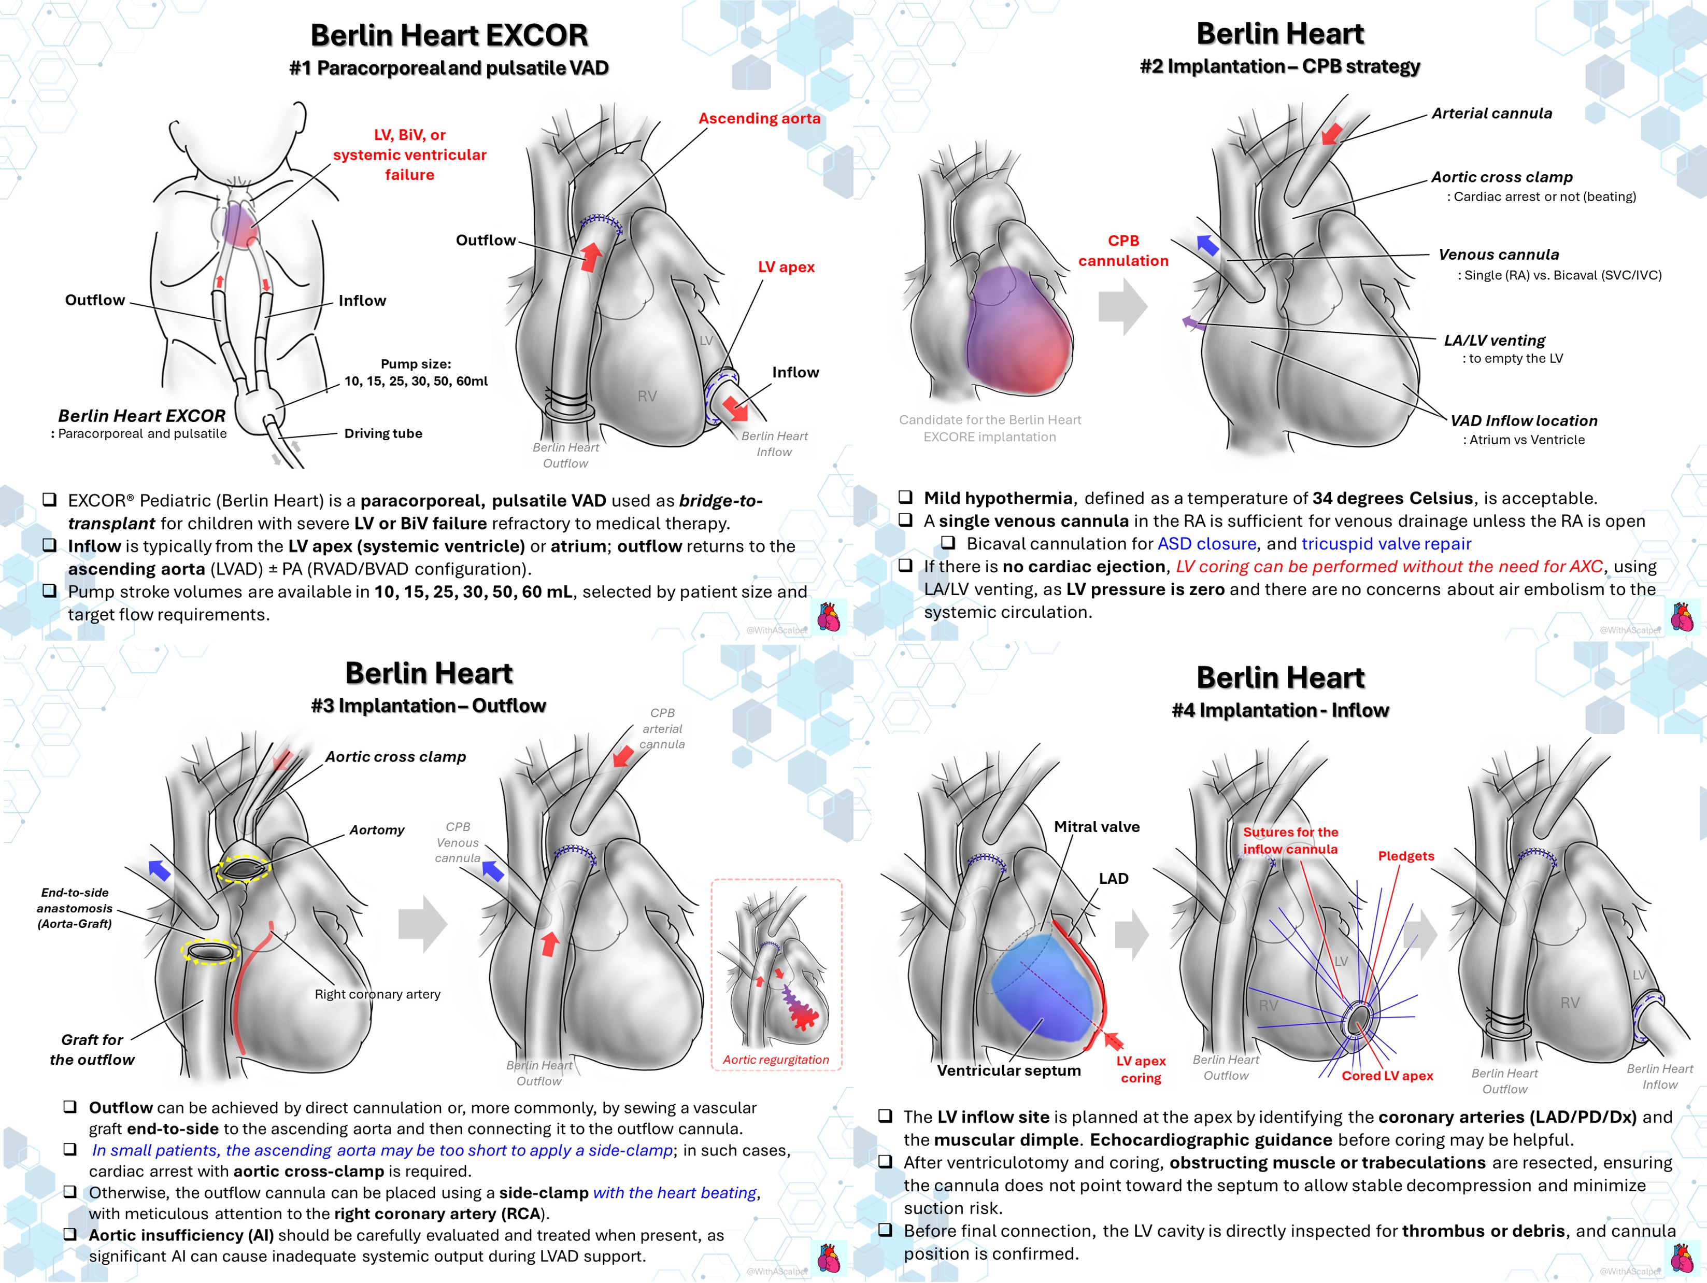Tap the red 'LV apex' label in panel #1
(786, 267)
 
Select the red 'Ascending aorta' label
(759, 118)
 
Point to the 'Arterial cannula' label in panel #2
(1492, 114)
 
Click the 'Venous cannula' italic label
(1499, 255)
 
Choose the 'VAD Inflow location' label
(1524, 421)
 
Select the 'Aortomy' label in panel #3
(377, 830)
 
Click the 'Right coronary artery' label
(377, 994)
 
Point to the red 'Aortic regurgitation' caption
(776, 1060)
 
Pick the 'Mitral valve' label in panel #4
(1097, 827)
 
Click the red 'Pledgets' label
(1406, 856)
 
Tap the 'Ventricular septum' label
(1008, 1070)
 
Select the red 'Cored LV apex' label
(1387, 1076)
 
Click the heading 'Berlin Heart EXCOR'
(449, 36)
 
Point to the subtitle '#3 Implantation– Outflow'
(428, 706)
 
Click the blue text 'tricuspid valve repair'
(1386, 544)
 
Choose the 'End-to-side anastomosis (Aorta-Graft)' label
(75, 908)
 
